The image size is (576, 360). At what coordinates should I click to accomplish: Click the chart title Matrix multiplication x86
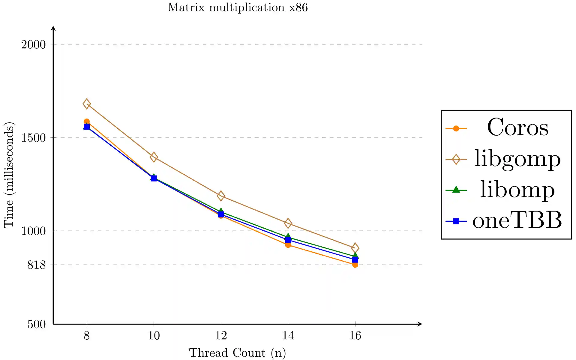point(238,7)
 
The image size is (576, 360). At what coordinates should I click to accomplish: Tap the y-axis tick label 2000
point(33,45)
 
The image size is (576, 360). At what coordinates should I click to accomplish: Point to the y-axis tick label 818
point(36,265)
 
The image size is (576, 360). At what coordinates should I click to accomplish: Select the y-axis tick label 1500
point(33,138)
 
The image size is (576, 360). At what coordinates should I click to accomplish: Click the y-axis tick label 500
point(36,324)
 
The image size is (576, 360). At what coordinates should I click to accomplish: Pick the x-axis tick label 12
point(221,335)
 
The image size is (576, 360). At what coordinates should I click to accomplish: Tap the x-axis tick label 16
point(355,335)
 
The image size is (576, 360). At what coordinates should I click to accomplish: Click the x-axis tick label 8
point(87,335)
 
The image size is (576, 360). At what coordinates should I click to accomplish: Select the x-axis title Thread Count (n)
point(237,353)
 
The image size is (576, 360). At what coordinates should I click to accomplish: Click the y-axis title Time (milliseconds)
point(9,175)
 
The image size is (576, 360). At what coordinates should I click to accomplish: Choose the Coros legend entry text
point(517,127)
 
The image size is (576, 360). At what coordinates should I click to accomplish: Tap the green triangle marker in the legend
point(456,190)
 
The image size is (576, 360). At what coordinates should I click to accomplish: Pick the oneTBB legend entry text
point(517,220)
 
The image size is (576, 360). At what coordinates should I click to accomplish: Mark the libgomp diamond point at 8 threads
point(87,104)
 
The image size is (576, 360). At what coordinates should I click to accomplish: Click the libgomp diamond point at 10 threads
point(154,157)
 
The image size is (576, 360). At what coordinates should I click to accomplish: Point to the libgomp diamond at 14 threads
point(288,223)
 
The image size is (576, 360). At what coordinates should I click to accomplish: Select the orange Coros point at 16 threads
point(355,265)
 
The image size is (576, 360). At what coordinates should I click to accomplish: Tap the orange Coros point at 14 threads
point(288,245)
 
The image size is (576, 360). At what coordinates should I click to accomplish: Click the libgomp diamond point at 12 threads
point(221,196)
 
